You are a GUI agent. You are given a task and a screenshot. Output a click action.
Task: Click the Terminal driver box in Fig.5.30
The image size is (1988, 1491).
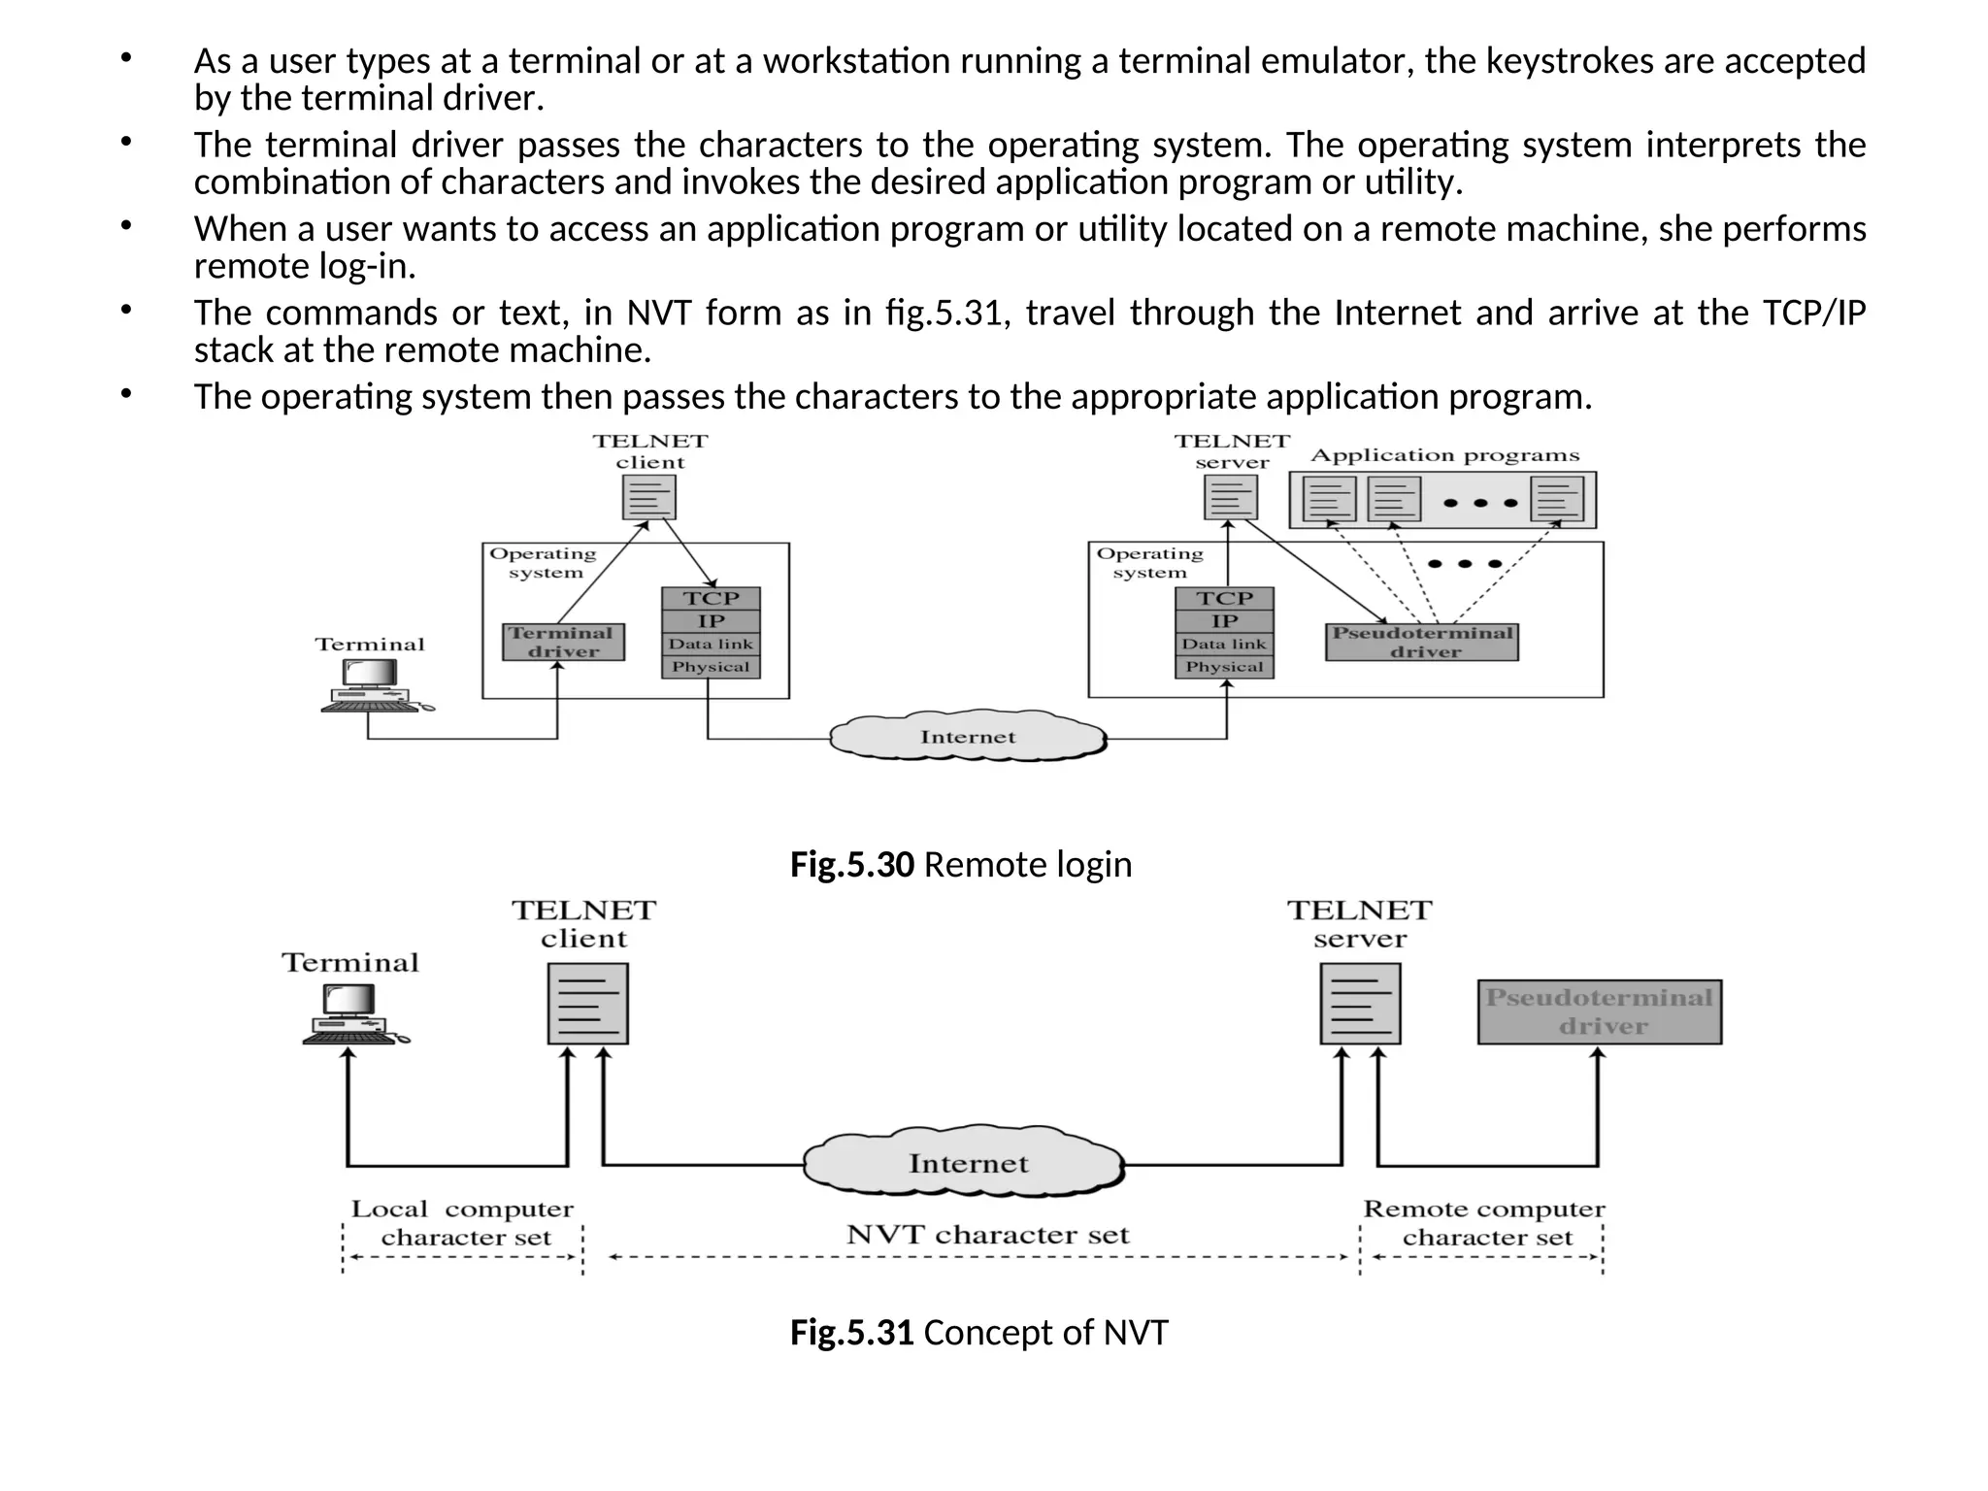(x=563, y=642)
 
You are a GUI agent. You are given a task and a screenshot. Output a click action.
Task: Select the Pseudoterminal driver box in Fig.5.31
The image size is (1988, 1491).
(x=1599, y=1011)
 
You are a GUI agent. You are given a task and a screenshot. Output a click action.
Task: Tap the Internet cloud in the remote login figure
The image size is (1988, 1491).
(x=968, y=737)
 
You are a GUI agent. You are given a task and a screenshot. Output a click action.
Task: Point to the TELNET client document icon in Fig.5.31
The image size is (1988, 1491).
(x=587, y=1003)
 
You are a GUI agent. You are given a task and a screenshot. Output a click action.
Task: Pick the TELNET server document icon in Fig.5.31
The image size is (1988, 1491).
(x=1360, y=1003)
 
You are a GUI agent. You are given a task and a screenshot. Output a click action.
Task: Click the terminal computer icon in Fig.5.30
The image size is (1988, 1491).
(x=374, y=685)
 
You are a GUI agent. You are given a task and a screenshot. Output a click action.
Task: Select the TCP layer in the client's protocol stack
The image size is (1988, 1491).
(x=711, y=598)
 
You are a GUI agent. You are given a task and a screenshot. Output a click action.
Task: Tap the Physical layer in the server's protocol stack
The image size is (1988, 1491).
(x=1224, y=667)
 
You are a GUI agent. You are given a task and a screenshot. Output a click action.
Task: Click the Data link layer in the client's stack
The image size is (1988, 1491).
(x=711, y=644)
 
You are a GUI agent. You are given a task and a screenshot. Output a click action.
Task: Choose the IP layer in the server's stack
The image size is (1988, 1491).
(x=1224, y=621)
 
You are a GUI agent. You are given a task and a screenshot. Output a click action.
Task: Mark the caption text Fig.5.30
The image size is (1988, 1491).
(x=851, y=864)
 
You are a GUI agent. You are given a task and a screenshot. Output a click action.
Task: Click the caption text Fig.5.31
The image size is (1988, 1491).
(x=851, y=1332)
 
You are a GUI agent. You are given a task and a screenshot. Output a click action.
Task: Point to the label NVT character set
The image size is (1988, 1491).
(x=987, y=1235)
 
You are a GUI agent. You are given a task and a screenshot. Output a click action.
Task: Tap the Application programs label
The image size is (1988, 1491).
(x=1444, y=455)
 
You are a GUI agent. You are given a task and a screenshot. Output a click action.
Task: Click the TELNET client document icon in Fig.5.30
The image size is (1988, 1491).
(x=648, y=498)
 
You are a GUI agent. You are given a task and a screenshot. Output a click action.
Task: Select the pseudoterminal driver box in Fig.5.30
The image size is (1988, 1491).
(x=1421, y=642)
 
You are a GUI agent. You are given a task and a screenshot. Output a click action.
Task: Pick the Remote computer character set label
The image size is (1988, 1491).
(x=1484, y=1223)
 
